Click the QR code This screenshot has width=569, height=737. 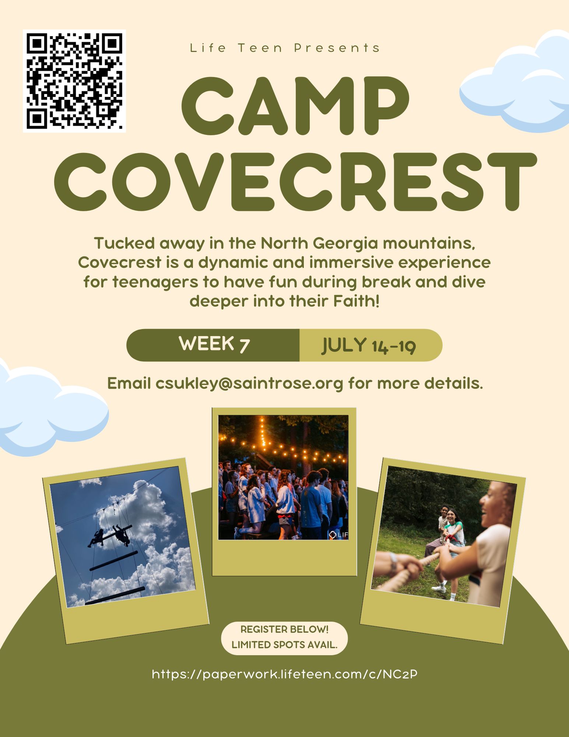click(x=74, y=81)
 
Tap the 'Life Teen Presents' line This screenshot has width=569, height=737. click(x=285, y=48)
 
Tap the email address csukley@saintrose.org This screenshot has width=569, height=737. click(x=249, y=384)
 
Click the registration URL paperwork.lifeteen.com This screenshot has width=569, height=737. click(x=285, y=674)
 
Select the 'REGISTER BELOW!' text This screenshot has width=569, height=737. click(x=284, y=629)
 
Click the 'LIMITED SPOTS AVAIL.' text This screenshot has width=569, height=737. click(x=284, y=645)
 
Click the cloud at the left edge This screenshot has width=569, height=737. click(x=52, y=409)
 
